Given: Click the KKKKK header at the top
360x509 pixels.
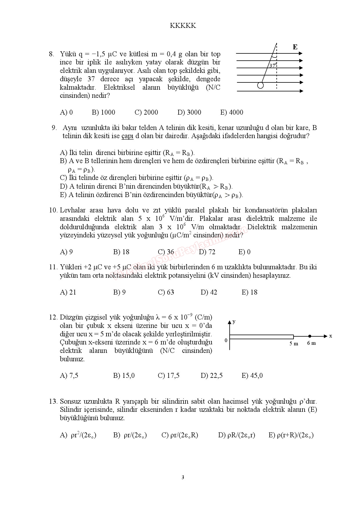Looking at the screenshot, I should [x=183, y=26].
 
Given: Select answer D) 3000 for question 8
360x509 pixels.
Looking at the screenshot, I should [x=189, y=113].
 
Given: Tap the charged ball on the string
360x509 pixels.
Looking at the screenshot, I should [x=260, y=85].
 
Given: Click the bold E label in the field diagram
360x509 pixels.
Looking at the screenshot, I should [x=295, y=47].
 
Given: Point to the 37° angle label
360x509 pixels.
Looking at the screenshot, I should [x=273, y=66].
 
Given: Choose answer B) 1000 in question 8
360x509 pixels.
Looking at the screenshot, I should [x=103, y=113].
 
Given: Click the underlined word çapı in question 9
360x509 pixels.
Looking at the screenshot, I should [x=127, y=136].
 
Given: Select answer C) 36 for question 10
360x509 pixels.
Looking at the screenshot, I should [x=166, y=252].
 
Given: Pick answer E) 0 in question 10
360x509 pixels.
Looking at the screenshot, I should [x=244, y=252].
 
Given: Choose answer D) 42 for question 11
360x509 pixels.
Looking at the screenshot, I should [x=208, y=292].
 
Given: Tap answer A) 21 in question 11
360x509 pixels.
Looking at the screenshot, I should [x=68, y=292].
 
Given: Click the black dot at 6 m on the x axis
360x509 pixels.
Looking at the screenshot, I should [x=310, y=336].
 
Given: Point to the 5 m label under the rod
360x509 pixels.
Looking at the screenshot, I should [x=294, y=344].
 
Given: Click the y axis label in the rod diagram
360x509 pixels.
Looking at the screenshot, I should [x=234, y=322].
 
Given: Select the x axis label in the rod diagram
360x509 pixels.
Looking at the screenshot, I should [x=330, y=336].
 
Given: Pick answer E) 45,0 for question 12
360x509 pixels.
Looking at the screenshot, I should [x=252, y=376].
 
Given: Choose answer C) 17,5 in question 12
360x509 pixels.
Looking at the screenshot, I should [x=168, y=376].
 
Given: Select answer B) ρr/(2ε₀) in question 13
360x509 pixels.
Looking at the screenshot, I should [x=130, y=435].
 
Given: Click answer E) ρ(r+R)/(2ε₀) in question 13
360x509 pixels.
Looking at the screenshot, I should [x=291, y=435].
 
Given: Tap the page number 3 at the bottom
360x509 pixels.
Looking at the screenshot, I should [x=183, y=477].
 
